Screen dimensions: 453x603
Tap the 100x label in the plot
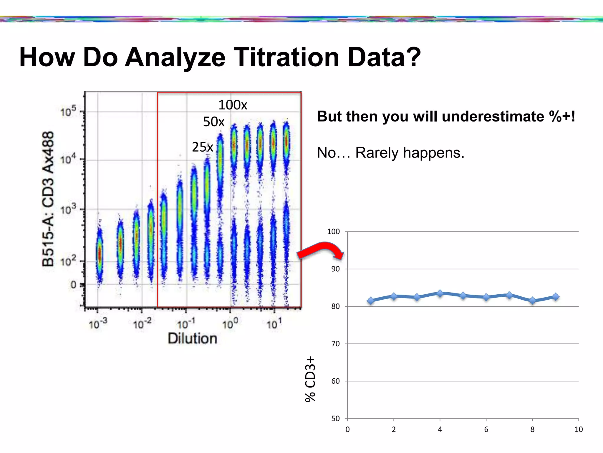(x=233, y=105)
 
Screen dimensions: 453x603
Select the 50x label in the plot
(x=214, y=122)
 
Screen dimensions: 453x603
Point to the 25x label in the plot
(x=203, y=147)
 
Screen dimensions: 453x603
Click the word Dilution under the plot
(x=193, y=339)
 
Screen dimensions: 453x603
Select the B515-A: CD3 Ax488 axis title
(x=48, y=199)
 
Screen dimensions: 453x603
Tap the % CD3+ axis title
(x=310, y=379)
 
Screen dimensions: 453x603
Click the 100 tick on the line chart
(x=333, y=232)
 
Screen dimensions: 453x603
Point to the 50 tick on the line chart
(x=335, y=418)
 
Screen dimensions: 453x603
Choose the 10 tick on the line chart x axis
(x=578, y=429)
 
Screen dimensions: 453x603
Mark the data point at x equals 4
(x=440, y=293)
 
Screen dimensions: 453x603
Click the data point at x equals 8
(x=532, y=301)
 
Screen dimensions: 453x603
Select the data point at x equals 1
(x=371, y=301)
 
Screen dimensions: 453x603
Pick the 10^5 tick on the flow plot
(x=68, y=111)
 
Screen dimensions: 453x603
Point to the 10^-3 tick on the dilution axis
(x=98, y=324)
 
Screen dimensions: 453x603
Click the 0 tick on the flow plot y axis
(x=73, y=285)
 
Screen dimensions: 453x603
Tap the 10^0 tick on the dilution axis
(x=230, y=324)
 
